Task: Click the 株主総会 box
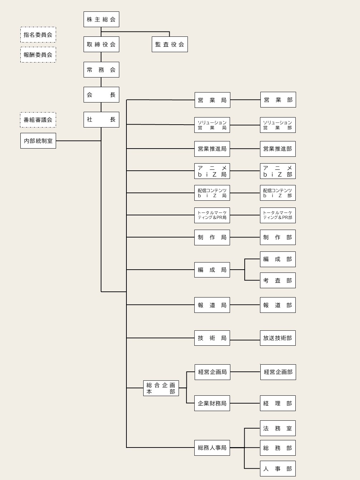pos(101,19)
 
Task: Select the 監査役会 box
pos(170,44)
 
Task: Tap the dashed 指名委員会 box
pos(38,35)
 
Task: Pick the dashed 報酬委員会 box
pos(38,55)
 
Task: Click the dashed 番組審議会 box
pos(38,120)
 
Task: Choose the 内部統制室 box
pos(38,141)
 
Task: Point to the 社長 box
pos(101,120)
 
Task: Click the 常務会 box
pos(101,70)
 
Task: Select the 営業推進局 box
pos(212,149)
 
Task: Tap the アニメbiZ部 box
pos(278,171)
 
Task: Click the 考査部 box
pos(278,280)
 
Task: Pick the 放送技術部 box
pos(278,338)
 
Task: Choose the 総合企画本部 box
pos(161,388)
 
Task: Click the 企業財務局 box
pos(212,403)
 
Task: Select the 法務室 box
pos(278,428)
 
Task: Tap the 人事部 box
pos(278,469)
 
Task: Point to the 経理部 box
pos(278,403)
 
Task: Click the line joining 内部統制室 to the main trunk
pos(79,141)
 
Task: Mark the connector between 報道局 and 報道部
pos(245,305)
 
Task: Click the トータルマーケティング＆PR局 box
pos(212,215)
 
